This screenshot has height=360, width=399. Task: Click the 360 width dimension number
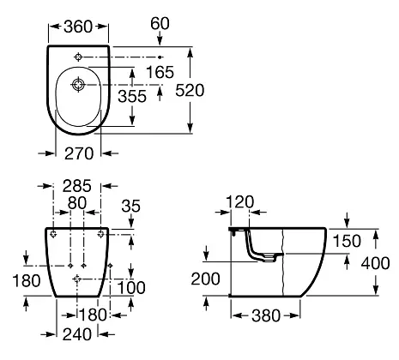(78, 27)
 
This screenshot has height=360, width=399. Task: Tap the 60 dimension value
(160, 23)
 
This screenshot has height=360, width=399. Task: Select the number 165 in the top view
(160, 72)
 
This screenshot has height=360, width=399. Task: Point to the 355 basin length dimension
(132, 96)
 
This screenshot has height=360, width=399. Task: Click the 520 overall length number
(190, 90)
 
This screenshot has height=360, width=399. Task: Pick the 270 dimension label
(79, 153)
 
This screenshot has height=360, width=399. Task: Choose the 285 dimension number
(77, 186)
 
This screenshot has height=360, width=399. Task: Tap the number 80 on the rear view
(77, 203)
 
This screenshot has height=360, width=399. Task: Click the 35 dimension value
(131, 206)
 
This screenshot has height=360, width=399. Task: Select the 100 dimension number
(131, 287)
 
